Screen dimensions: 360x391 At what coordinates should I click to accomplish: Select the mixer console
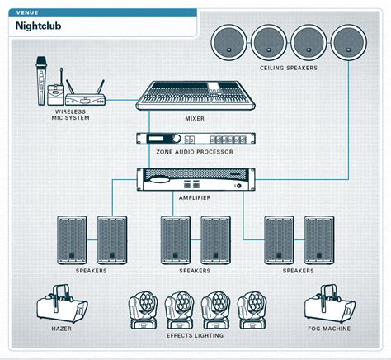click(x=195, y=97)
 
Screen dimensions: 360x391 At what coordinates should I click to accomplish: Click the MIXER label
click(x=195, y=119)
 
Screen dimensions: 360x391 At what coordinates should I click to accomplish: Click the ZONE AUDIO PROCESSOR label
click(x=195, y=153)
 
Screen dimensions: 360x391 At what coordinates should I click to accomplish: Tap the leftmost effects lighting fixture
click(x=142, y=310)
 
